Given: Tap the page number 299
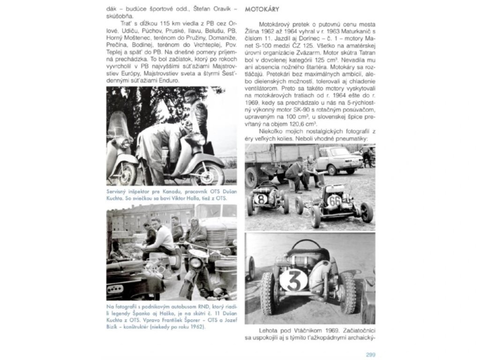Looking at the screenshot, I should [x=370, y=354].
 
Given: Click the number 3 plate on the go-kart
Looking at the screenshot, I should [x=293, y=280].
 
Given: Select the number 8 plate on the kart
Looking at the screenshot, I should [x=262, y=199].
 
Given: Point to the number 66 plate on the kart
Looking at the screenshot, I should [x=334, y=201].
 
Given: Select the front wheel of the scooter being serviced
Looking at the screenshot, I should [x=207, y=173].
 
